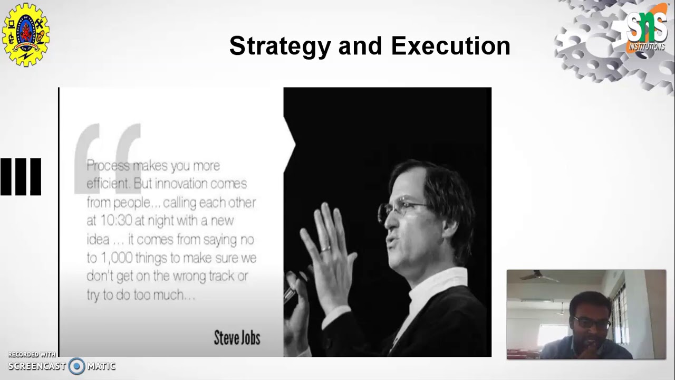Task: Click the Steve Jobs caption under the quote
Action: pyautogui.click(x=237, y=338)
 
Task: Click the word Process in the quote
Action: pyautogui.click(x=108, y=166)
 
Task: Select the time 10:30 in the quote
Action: pyautogui.click(x=114, y=221)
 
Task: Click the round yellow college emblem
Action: pyautogui.click(x=26, y=35)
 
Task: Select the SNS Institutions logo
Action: pyautogui.click(x=647, y=30)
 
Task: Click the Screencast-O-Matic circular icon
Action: pyautogui.click(x=77, y=366)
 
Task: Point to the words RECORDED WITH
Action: pyautogui.click(x=32, y=355)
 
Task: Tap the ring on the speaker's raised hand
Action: pyautogui.click(x=326, y=248)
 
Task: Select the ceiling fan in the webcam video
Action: pyautogui.click(x=538, y=277)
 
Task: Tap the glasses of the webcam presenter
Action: pyautogui.click(x=592, y=323)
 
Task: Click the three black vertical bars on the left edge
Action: pyautogui.click(x=21, y=177)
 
